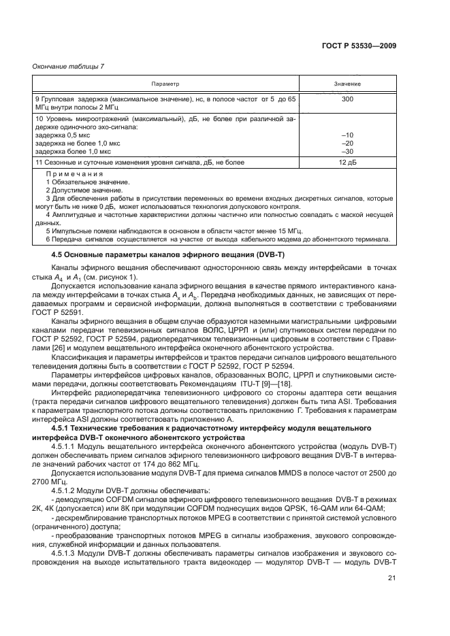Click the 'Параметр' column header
[165, 84]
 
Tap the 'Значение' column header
[347, 84]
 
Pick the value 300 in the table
[347, 99]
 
